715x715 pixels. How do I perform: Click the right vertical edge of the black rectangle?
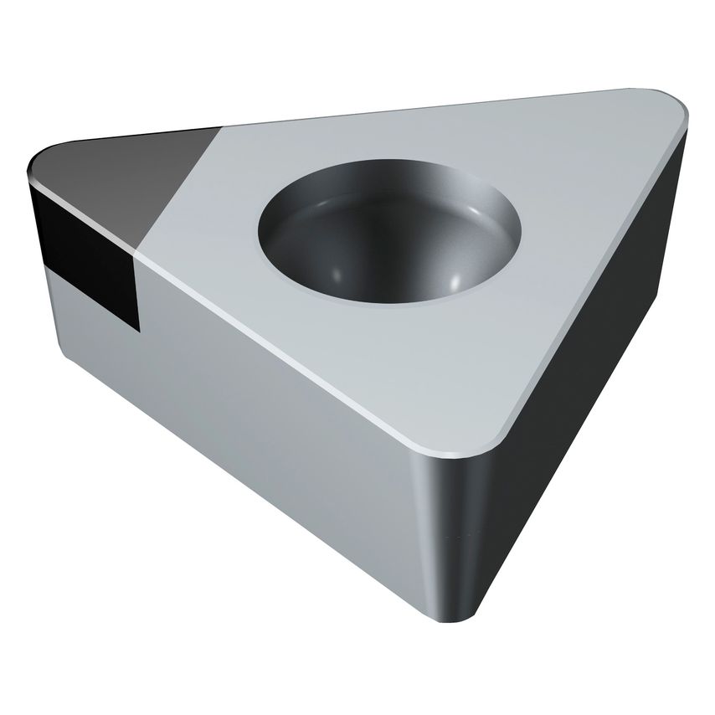[x=136, y=285]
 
